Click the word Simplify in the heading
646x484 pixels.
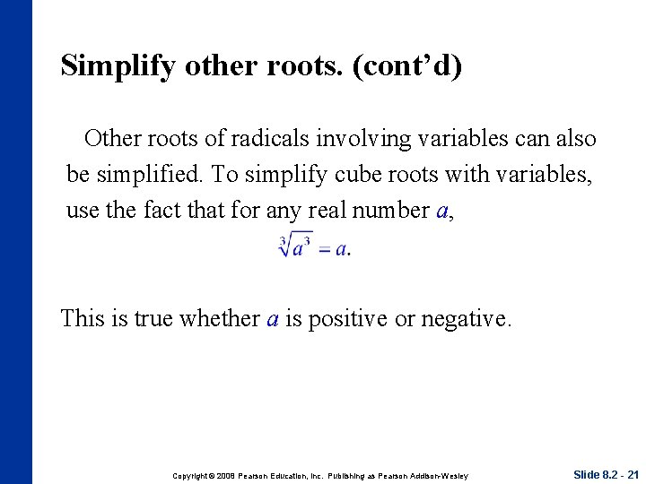(x=115, y=66)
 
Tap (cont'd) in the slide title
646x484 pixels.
(x=409, y=66)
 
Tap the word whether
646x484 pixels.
(x=223, y=318)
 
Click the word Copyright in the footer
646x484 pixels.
(x=191, y=475)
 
